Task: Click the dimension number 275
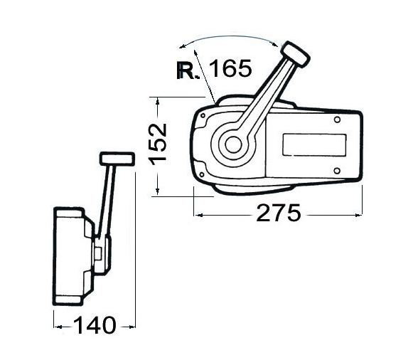pyautogui.click(x=279, y=213)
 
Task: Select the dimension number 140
pyautogui.click(x=95, y=326)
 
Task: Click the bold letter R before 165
pyautogui.click(x=188, y=70)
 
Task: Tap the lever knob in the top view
pyautogui.click(x=294, y=53)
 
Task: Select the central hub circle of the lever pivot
pyautogui.click(x=231, y=144)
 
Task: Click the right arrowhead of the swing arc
pyautogui.click(x=276, y=44)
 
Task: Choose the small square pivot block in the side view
pyautogui.click(x=100, y=250)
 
